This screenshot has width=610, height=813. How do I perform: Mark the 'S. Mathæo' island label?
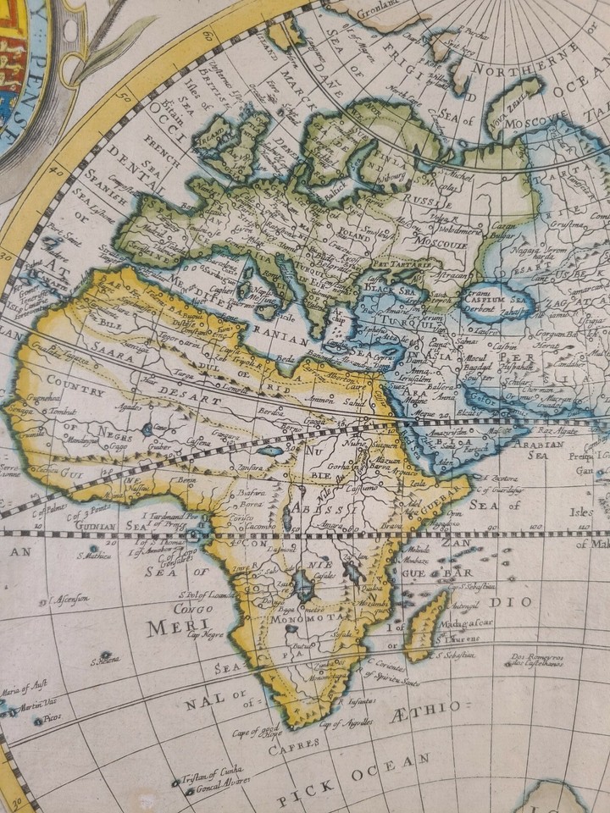point(95,556)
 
